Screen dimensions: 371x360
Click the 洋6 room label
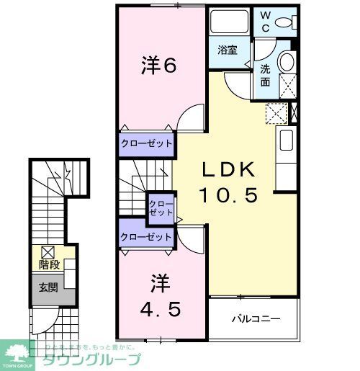(x=159, y=66)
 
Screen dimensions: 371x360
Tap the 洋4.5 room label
(x=160, y=295)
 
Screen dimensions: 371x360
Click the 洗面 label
(x=265, y=76)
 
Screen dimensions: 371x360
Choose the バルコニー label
(x=255, y=318)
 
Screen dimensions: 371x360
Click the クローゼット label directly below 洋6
(x=146, y=143)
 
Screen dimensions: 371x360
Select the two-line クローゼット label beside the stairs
(x=161, y=209)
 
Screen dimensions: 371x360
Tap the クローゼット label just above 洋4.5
(x=146, y=236)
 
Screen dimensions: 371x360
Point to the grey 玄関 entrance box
(x=48, y=288)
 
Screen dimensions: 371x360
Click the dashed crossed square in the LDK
(x=276, y=114)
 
